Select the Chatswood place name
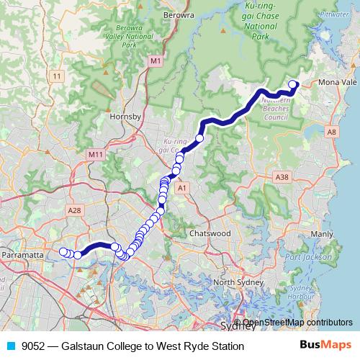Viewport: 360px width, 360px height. click(x=210, y=234)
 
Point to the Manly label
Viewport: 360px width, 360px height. click(x=321, y=234)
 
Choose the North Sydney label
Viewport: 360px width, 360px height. click(x=235, y=282)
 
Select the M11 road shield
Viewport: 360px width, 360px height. click(x=95, y=155)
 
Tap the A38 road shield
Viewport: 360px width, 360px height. click(x=282, y=176)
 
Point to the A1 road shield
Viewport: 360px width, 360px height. click(x=183, y=188)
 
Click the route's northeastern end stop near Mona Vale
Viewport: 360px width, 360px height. click(x=293, y=84)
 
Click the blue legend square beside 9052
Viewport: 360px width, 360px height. click(x=11, y=346)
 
